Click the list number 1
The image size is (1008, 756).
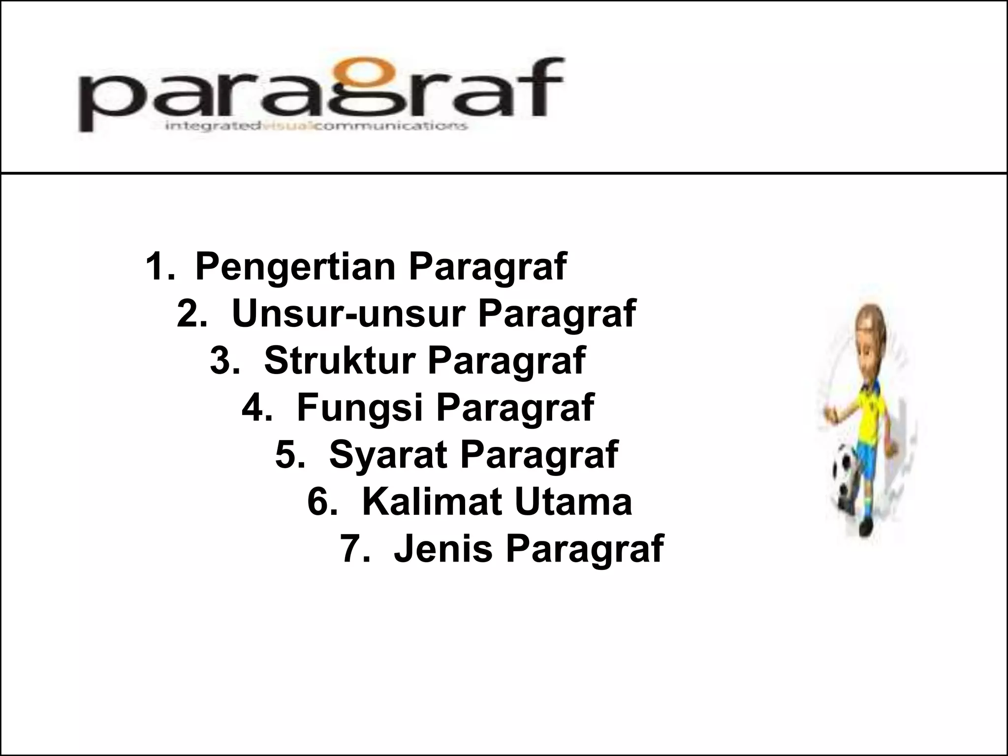click(158, 267)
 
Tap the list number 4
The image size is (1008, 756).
click(254, 408)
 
